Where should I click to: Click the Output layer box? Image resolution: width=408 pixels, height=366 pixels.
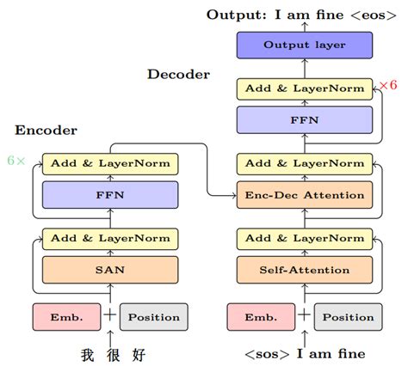(304, 45)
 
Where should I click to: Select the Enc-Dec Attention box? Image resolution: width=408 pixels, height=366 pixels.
(304, 195)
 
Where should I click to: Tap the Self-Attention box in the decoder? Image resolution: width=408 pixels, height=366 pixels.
(304, 271)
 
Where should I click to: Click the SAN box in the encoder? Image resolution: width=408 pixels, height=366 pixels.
(109, 271)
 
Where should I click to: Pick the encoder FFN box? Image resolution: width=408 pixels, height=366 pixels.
(109, 195)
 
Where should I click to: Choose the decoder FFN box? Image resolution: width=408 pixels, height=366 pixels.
(304, 120)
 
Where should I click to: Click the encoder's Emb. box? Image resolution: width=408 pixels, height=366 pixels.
(66, 317)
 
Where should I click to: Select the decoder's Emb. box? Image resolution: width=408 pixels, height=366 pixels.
(261, 317)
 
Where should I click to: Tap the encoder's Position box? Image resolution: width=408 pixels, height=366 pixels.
(153, 317)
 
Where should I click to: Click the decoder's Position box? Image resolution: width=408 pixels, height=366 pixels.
(348, 317)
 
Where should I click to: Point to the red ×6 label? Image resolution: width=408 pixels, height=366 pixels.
(388, 85)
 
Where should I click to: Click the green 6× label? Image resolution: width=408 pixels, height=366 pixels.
(16, 161)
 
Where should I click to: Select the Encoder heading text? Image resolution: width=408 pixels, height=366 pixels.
(46, 131)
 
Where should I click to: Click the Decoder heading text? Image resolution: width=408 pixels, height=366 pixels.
(178, 75)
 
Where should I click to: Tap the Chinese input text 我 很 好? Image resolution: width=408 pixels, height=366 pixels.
(109, 353)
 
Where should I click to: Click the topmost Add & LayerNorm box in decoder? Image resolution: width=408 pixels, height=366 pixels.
(304, 88)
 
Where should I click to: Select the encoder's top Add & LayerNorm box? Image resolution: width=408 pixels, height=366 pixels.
(109, 162)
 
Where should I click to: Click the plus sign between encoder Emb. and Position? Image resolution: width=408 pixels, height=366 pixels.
(109, 316)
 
